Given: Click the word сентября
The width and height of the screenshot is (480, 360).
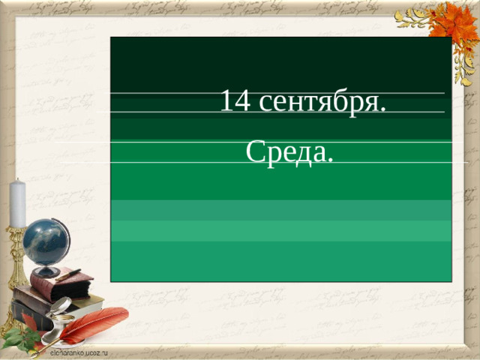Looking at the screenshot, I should click(318, 102).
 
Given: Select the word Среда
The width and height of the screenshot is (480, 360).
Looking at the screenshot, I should click(287, 152).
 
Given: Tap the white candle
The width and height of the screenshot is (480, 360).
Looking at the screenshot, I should click(17, 203).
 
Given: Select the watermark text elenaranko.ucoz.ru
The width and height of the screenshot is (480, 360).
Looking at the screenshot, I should click(79, 350).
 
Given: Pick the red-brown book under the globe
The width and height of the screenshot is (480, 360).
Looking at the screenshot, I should click(61, 285).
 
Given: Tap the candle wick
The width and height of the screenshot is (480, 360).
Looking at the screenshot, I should click(17, 180).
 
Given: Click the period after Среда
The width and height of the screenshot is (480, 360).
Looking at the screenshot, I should click(330, 161).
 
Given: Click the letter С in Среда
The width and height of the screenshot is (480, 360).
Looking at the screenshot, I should click(253, 152).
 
